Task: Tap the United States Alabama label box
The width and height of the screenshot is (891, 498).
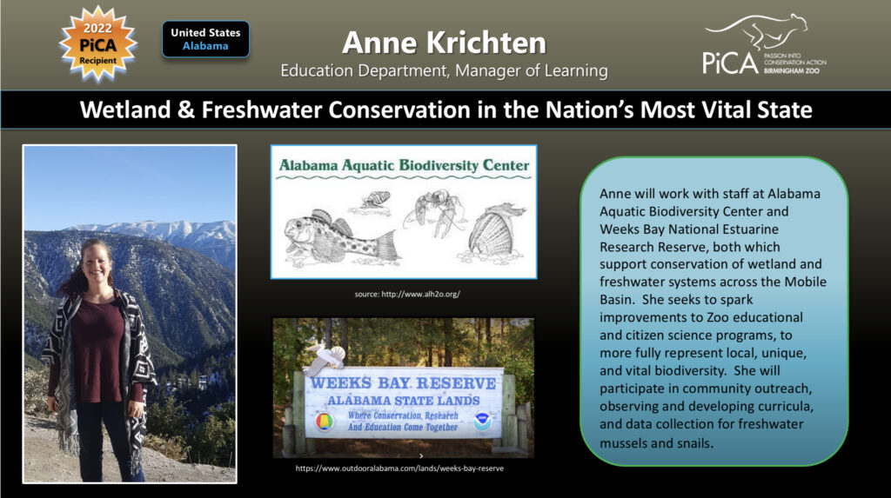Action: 205,39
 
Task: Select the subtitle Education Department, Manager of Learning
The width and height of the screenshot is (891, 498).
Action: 444,70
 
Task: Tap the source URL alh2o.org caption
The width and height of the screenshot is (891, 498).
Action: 407,294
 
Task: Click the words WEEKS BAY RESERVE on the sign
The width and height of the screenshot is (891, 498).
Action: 405,382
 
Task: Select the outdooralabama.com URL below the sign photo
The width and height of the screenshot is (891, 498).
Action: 401,468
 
